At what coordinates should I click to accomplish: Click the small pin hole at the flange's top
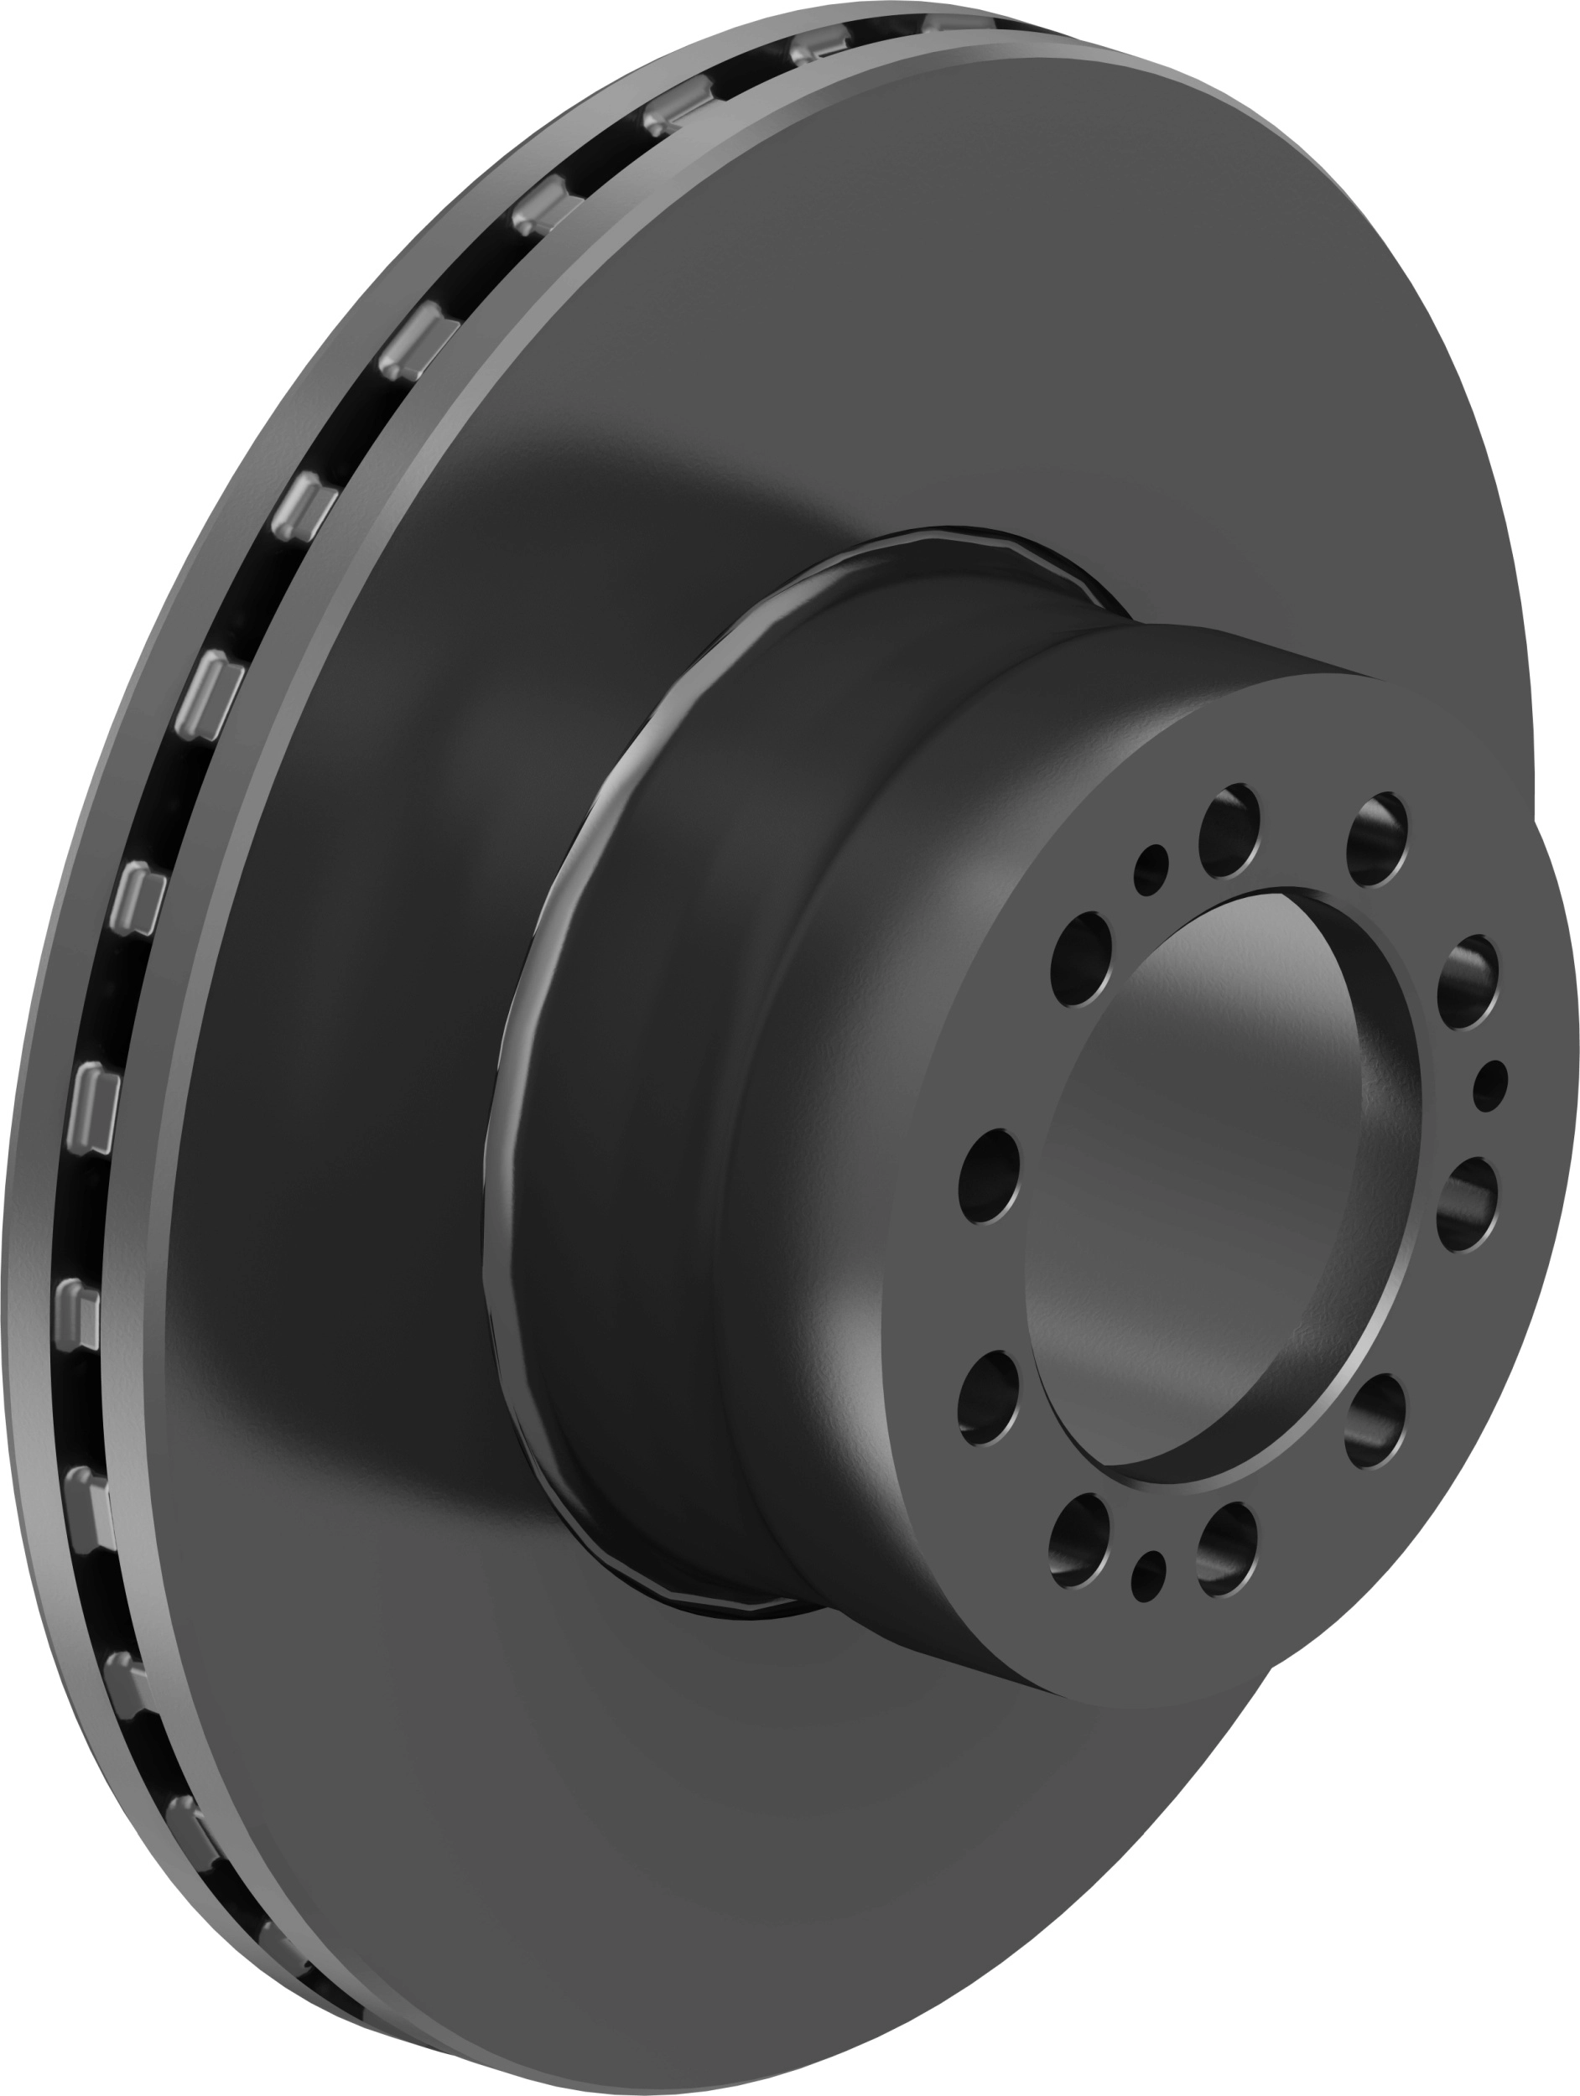(x=1151, y=866)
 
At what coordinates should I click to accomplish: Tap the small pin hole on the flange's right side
(x=1492, y=1083)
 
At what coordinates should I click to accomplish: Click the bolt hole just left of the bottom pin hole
(x=1078, y=1542)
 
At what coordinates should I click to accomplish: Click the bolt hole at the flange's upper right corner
(x=1376, y=838)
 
